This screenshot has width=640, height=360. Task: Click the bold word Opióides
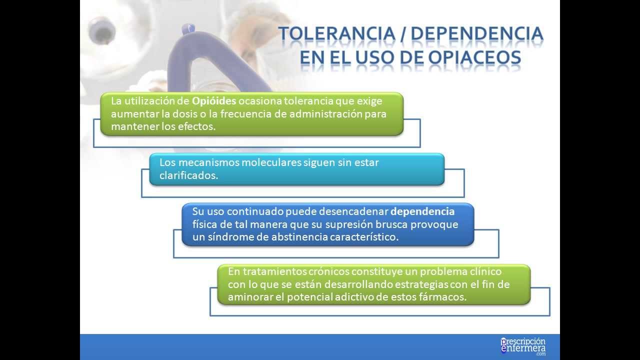(214, 100)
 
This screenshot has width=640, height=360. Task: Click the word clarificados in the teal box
(188, 175)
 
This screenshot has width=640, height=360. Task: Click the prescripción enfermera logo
(522, 346)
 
